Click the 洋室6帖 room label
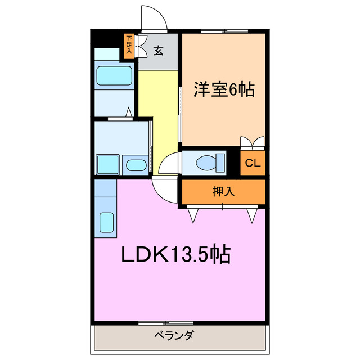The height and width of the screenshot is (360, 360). point(223,89)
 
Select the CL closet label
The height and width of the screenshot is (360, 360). point(253,164)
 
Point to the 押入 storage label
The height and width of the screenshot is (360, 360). point(223,192)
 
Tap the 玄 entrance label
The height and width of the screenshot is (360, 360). point(159,51)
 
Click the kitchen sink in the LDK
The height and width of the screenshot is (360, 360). point(106,222)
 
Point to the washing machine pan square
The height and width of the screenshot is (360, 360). point(106,164)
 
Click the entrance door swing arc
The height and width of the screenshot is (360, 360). point(154,17)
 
